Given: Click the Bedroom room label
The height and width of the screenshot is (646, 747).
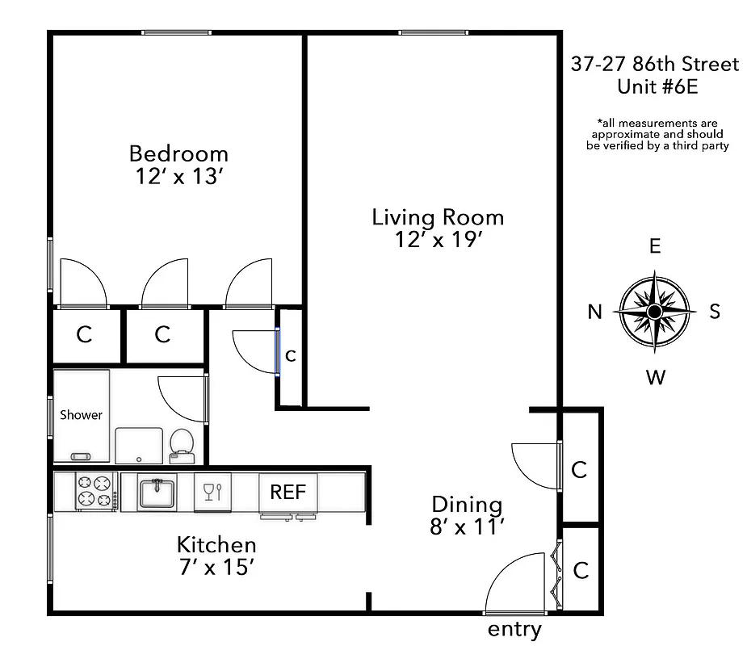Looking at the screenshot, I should tap(178, 153).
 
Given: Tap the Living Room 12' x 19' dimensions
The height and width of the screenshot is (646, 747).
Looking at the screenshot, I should tap(439, 240).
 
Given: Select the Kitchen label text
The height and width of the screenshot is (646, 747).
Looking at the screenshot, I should tap(216, 544).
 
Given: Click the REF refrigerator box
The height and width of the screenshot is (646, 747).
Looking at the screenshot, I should tap(287, 492).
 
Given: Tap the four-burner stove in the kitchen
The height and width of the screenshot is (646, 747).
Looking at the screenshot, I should tap(94, 492).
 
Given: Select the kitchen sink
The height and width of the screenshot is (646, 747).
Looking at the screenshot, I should tap(157, 492).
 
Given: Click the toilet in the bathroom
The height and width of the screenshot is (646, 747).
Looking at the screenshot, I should tap(182, 445).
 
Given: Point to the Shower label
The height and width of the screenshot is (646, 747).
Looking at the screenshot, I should tap(81, 415).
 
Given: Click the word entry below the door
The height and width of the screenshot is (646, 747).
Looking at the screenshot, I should tap(514, 630).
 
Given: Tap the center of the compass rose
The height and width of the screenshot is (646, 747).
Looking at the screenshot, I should tap(655, 312).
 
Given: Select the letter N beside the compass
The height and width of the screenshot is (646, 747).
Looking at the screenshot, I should tap(595, 312).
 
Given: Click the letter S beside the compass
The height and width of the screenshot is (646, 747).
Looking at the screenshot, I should tap(715, 312).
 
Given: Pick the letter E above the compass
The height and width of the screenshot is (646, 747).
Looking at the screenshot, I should tap(655, 246).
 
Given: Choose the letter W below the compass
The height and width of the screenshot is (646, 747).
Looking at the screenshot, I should tap(656, 377).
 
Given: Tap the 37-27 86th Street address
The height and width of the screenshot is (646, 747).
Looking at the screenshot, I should tap(655, 65).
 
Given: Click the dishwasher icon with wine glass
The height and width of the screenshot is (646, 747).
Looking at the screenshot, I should tap(212, 492).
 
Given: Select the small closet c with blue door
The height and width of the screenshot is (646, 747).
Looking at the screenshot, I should tap(291, 354).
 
